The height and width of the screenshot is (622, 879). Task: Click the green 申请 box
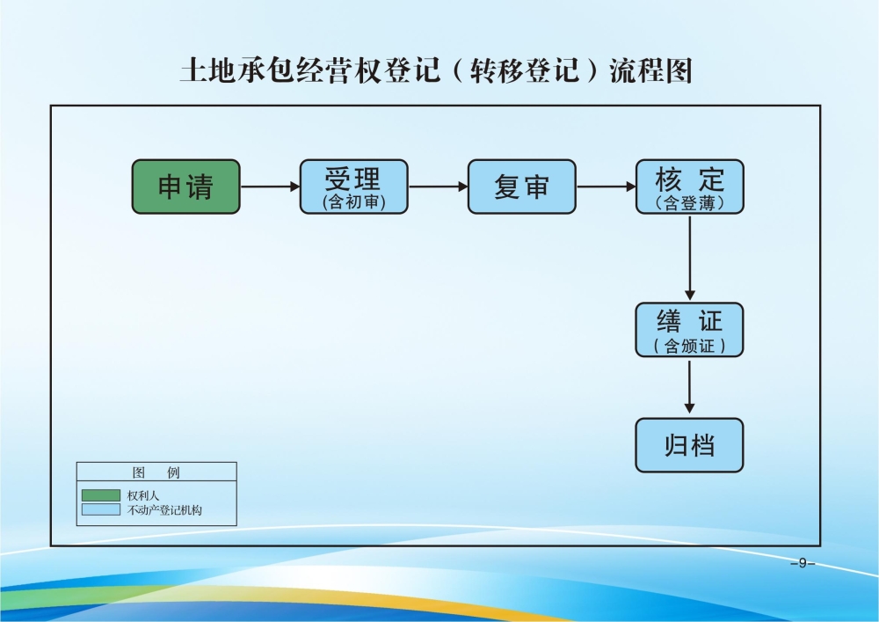point(185,187)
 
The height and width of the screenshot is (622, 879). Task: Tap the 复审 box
point(521,187)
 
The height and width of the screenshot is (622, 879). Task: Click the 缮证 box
point(689,328)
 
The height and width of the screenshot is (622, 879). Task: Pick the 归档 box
point(689,445)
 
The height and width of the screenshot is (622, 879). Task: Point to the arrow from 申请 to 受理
point(270,187)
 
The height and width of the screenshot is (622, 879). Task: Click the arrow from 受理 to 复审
point(438,187)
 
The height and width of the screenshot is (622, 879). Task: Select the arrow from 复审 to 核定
point(606,187)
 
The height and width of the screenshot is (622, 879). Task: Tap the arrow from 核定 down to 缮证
point(690,257)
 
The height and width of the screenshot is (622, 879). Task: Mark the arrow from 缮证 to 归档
point(690,386)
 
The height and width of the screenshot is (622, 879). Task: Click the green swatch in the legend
point(101,495)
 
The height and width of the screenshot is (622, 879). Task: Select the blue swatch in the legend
point(101,509)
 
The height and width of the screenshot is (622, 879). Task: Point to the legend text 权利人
point(143,495)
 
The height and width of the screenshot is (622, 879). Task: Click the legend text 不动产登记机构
point(164,510)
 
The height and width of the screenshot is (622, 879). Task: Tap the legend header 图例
point(156,472)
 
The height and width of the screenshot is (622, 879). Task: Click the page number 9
point(802,563)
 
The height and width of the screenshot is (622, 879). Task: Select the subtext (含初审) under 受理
point(353,203)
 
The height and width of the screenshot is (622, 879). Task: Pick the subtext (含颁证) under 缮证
point(689,347)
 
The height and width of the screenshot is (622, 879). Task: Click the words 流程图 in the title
point(651,70)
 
